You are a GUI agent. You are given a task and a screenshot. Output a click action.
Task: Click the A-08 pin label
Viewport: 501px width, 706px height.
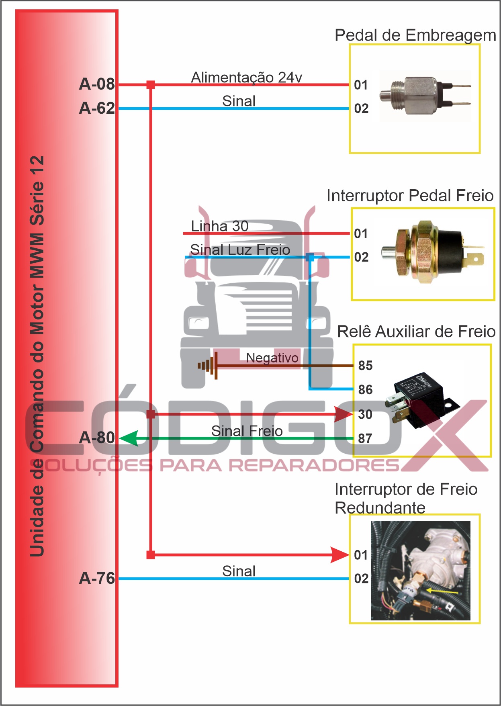(97, 84)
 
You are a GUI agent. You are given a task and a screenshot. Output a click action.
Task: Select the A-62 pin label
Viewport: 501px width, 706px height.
(97, 108)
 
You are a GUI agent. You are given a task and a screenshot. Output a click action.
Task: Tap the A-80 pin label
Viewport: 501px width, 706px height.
(97, 438)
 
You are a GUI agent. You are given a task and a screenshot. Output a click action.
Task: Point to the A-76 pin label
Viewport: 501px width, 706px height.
(97, 578)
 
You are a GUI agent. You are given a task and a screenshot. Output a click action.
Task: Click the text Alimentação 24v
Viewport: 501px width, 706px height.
(246, 77)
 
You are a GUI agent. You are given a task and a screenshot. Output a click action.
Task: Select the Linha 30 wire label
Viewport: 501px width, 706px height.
(219, 226)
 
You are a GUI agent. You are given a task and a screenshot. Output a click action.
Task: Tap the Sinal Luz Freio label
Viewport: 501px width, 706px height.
(240, 250)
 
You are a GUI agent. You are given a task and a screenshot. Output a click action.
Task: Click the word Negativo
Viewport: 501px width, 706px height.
(272, 358)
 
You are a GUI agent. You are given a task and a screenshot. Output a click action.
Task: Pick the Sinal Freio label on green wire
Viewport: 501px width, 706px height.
(247, 431)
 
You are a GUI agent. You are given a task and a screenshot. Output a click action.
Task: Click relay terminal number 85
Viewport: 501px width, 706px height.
(365, 366)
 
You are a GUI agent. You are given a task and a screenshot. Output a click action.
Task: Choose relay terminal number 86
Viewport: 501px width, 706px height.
(365, 390)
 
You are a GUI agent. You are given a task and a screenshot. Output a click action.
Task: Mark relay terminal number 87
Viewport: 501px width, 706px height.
(365, 438)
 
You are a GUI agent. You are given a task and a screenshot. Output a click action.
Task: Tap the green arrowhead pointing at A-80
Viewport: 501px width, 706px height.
(129, 438)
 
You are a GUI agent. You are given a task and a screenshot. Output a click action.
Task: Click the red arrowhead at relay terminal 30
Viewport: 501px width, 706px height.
(344, 414)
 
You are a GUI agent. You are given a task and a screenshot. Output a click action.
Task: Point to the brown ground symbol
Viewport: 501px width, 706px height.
(209, 366)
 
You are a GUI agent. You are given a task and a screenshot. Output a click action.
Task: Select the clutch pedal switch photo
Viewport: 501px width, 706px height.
(424, 96)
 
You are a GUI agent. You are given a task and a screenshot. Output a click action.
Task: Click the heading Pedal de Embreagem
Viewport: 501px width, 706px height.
(415, 35)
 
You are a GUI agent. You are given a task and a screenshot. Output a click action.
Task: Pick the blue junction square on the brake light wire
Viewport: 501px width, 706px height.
(309, 257)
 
